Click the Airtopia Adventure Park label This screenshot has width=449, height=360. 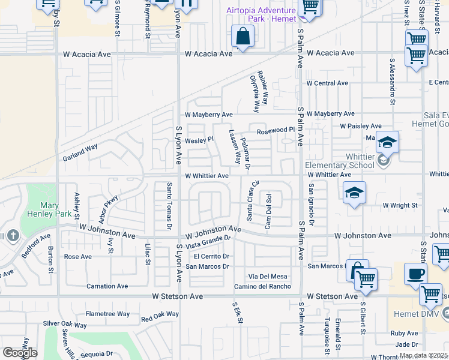point(261,14)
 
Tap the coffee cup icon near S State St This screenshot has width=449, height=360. point(415,275)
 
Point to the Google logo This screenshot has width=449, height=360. point(20,353)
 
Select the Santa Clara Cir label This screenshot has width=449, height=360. point(251,200)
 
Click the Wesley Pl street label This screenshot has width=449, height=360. point(199,140)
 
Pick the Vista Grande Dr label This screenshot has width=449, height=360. point(208,242)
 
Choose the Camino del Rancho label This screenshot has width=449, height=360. point(263,286)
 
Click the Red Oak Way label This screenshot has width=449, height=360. point(160,314)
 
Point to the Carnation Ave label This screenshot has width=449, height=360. point(107,286)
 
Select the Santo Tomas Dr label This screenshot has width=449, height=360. point(170,206)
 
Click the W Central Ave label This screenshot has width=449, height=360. point(327,83)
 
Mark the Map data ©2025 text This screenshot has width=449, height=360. point(424,355)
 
